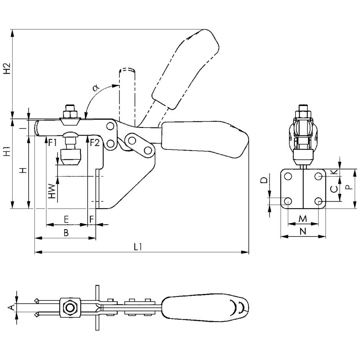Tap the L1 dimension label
pyautogui.click(x=138, y=247)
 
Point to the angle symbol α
pyautogui.click(x=95, y=88)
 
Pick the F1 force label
pyautogui.click(x=53, y=143)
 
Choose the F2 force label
pyautogui.click(x=95, y=143)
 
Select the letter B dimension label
pyautogui.click(x=66, y=233)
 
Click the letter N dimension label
pyautogui.click(x=303, y=231)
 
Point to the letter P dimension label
pyautogui.click(x=347, y=188)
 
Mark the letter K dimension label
pyautogui.click(x=334, y=172)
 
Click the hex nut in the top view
pyautogui.click(x=70, y=307)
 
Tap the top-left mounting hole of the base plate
pyautogui.click(x=288, y=176)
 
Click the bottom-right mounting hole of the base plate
pyautogui.click(x=319, y=201)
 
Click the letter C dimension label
pyautogui.click(x=333, y=188)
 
